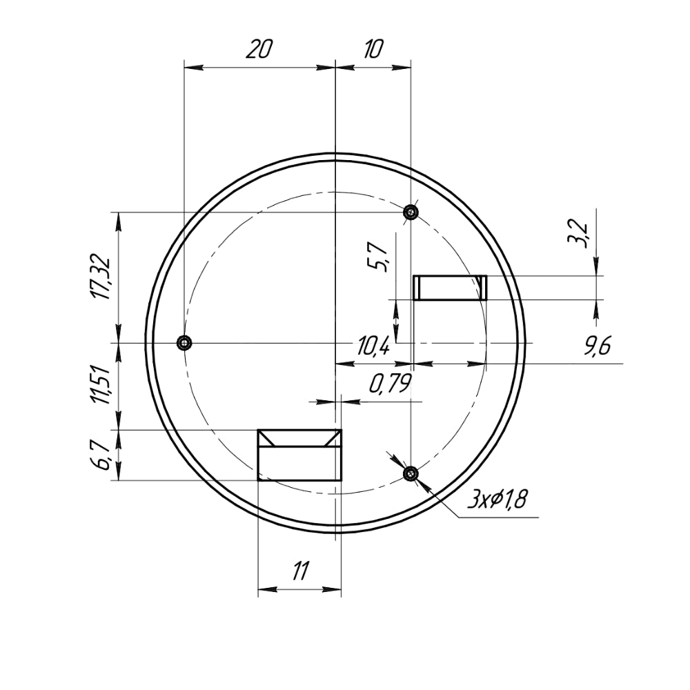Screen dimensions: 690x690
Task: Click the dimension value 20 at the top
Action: pos(258,50)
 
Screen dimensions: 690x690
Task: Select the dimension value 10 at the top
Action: pos(373,50)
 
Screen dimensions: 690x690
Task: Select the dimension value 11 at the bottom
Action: pos(299,572)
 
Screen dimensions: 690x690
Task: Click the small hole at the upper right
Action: pos(411,211)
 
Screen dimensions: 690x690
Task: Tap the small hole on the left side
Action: pos(184,342)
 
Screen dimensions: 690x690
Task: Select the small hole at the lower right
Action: pos(411,473)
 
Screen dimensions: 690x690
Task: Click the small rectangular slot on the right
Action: pos(450,288)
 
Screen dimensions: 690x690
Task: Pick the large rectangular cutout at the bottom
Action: pos(299,455)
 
